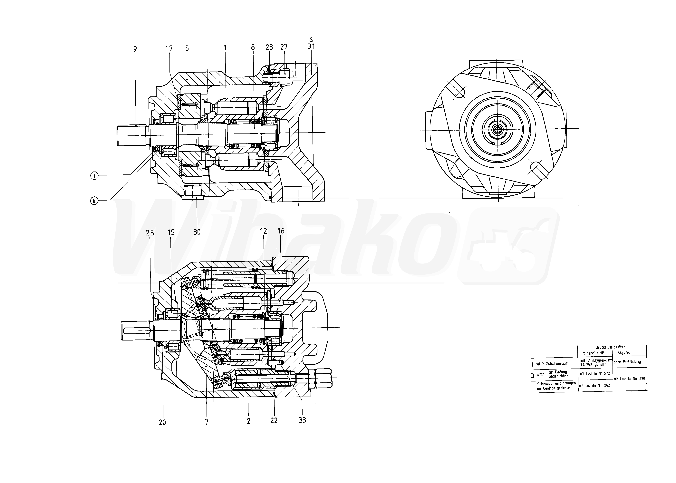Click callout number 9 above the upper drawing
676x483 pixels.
[x=135, y=49]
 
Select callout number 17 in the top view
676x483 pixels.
[x=169, y=48]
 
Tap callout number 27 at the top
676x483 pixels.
[x=284, y=47]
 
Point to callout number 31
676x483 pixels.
[x=311, y=46]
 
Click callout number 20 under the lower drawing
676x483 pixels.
[x=162, y=422]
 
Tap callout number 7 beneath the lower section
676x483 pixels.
[x=207, y=422]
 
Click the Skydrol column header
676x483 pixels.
[x=623, y=353]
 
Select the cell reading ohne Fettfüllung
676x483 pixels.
[x=627, y=362]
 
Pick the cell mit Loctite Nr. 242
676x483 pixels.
[x=594, y=385]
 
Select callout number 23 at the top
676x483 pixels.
[x=269, y=47]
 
